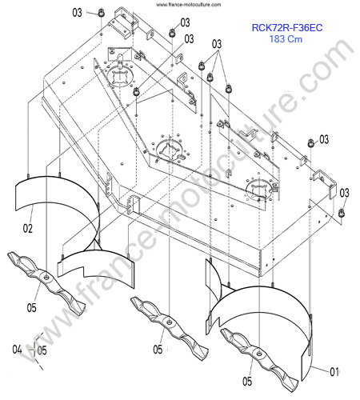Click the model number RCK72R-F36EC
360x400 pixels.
[287, 27]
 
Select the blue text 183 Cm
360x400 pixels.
[286, 39]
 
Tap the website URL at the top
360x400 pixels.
[188, 5]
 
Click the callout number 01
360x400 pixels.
[334, 372]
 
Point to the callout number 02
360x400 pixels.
[28, 229]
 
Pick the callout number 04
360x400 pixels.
[17, 350]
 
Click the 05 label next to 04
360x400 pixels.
[42, 350]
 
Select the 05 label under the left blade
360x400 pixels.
[31, 308]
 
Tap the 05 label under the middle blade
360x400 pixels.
[158, 350]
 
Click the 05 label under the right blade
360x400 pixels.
[247, 382]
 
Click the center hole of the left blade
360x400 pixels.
[46, 278]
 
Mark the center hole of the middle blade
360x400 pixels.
[169, 322]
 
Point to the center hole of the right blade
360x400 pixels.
[259, 354]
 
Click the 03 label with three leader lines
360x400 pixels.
[217, 44]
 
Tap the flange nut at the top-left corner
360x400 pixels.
[101, 13]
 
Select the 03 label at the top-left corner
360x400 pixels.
[78, 13]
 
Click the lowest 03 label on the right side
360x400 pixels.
[344, 193]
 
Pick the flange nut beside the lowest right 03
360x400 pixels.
[341, 213]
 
